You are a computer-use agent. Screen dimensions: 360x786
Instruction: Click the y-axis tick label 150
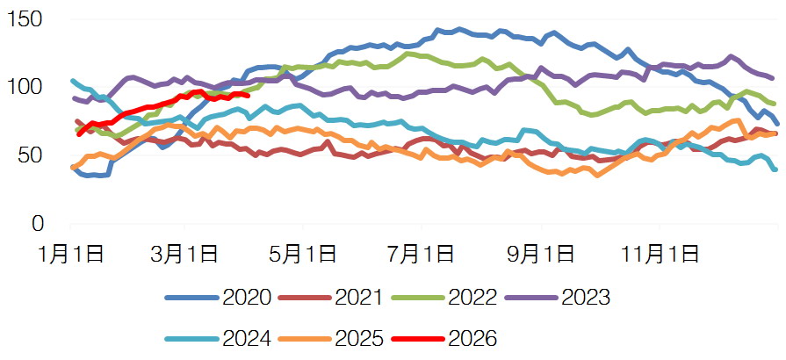click(x=25, y=19)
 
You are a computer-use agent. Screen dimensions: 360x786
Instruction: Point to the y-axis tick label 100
click(x=25, y=88)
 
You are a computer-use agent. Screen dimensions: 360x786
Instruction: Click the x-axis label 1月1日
click(x=71, y=255)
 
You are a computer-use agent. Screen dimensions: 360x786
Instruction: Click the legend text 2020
click(x=248, y=297)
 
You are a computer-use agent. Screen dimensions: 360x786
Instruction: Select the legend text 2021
click(x=358, y=297)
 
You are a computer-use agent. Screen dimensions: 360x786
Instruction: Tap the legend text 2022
click(x=472, y=297)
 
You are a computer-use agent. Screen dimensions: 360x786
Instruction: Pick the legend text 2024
click(x=248, y=338)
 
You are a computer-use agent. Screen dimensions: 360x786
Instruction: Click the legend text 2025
click(x=358, y=338)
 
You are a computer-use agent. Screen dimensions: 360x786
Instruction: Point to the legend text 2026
click(x=472, y=338)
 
